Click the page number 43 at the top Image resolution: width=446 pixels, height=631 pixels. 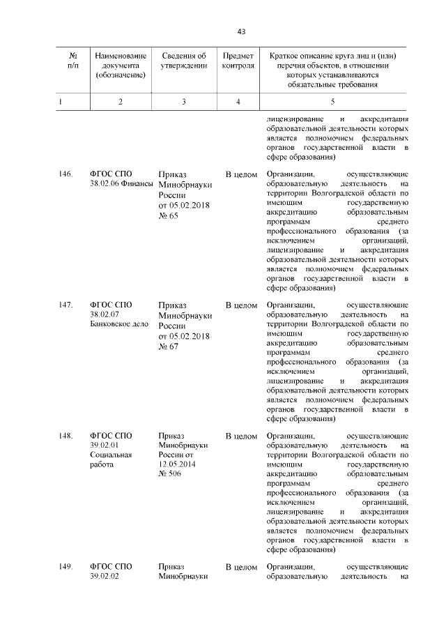point(241,31)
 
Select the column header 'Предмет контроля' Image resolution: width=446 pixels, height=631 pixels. point(238,61)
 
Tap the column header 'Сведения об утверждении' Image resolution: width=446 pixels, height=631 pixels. point(183,61)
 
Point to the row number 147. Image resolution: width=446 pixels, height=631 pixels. point(66,305)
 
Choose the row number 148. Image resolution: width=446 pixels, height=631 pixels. point(66,436)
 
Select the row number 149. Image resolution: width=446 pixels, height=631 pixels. point(66,567)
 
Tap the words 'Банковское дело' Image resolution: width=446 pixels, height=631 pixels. point(116,325)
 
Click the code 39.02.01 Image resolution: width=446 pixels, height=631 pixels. point(105,446)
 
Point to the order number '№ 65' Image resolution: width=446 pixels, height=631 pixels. point(169,216)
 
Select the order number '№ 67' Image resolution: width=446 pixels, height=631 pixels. point(169,347)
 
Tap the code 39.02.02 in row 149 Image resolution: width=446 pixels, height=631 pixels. point(105,577)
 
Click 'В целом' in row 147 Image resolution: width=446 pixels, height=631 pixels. point(242,305)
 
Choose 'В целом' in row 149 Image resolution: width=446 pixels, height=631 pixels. point(242,567)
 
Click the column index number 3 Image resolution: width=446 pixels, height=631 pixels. point(183,102)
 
